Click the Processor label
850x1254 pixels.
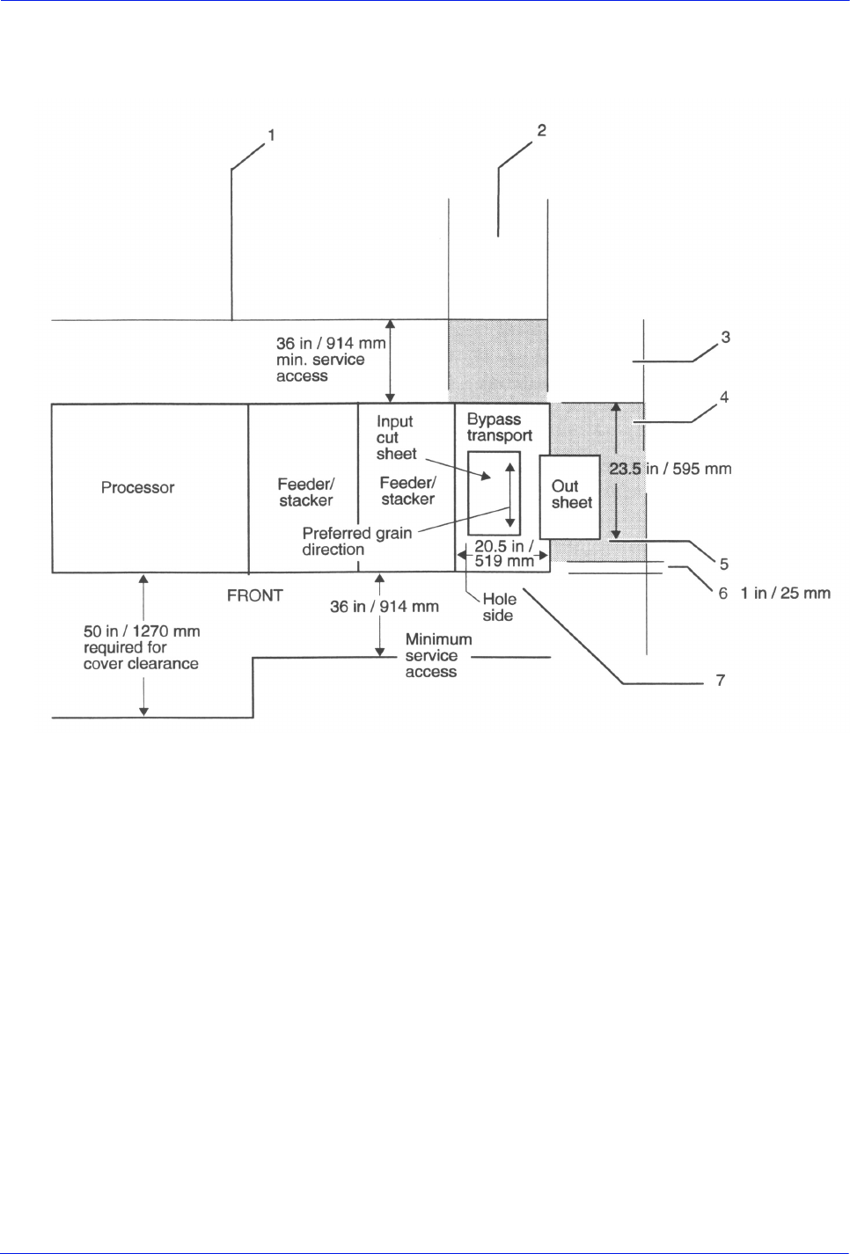(x=137, y=487)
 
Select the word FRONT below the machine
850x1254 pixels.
(x=254, y=595)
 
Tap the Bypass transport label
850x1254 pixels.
(x=499, y=427)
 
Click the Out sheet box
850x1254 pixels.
(x=569, y=496)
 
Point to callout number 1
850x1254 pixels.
(x=271, y=135)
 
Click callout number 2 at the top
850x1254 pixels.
(x=541, y=130)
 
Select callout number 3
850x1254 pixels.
(x=725, y=337)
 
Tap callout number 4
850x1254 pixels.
(x=724, y=397)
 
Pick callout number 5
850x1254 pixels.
(x=723, y=564)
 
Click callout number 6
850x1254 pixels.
(x=722, y=594)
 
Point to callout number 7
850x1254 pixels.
(x=720, y=680)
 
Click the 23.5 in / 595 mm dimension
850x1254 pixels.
(x=670, y=469)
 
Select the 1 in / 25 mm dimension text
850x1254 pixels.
(x=785, y=594)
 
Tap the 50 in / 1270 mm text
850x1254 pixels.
(x=142, y=631)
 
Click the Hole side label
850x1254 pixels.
(x=499, y=608)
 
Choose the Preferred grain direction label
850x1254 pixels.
(x=356, y=541)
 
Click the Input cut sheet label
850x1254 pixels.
(x=395, y=438)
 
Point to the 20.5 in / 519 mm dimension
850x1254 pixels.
(x=504, y=554)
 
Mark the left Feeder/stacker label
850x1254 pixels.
(x=305, y=492)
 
